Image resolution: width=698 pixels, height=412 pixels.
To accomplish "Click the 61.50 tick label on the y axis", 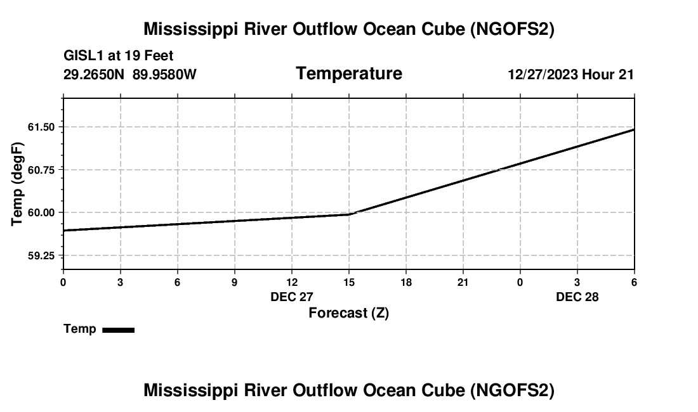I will coord(41,127).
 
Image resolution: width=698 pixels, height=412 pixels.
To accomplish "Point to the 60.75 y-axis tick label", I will coord(41,170).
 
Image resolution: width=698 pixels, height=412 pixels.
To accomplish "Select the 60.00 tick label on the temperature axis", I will coord(41,212).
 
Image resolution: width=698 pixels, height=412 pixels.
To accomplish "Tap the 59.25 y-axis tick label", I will coord(41,255).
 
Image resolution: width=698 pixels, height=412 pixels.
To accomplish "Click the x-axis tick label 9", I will coord(234,282).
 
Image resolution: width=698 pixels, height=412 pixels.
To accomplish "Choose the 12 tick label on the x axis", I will coord(292,282).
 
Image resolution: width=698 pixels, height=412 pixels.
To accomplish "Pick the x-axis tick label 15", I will coord(349,282).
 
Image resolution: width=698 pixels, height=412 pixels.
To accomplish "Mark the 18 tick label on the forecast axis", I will coord(406,282).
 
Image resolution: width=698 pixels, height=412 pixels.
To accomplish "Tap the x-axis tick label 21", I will coord(463,282).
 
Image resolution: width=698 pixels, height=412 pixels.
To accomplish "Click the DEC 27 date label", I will coord(292,297).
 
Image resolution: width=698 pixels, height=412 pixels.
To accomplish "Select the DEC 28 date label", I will coord(577,297).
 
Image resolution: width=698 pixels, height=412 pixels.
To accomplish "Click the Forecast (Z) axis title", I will coord(348,313).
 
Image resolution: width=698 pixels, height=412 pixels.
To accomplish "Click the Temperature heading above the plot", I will coord(349,74).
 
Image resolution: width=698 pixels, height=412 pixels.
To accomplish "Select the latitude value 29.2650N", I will coord(95,75).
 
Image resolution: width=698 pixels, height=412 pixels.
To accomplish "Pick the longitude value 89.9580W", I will coord(164,75).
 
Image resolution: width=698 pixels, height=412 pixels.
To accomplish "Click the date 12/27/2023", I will coord(543,75).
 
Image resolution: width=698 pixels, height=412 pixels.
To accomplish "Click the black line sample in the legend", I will coord(118,330).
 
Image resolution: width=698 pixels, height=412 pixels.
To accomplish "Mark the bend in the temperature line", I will coord(350,214).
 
